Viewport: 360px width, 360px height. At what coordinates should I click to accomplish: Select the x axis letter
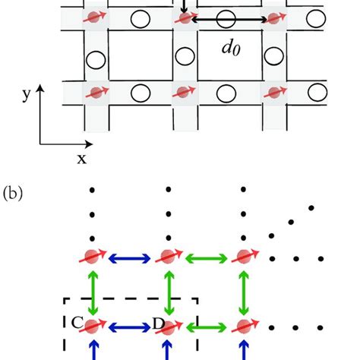[x=80, y=157]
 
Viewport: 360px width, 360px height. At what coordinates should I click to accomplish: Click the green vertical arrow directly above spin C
[x=93, y=292]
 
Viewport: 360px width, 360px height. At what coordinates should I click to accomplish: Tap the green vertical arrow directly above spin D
[x=169, y=292]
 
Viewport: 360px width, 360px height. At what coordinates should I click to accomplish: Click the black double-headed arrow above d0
[x=228, y=19]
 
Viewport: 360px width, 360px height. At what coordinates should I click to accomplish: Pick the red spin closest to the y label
[x=95, y=93]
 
